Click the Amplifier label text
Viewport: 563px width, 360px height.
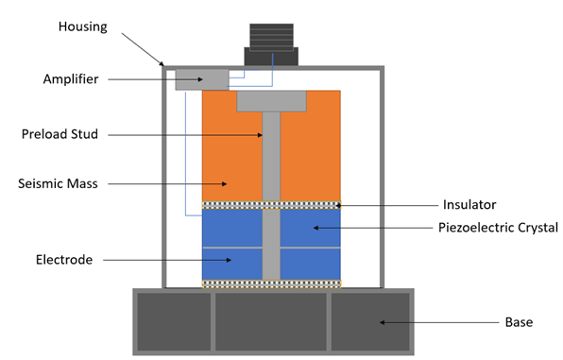click(x=70, y=79)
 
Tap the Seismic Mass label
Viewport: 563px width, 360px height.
click(x=60, y=183)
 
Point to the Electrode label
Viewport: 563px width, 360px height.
click(x=63, y=259)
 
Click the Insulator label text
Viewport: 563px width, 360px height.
click(x=469, y=204)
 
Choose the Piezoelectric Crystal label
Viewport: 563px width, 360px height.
click(x=499, y=227)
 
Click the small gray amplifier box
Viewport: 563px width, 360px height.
click(x=201, y=78)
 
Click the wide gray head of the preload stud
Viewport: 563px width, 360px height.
click(x=271, y=101)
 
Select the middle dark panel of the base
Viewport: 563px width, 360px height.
click(x=271, y=321)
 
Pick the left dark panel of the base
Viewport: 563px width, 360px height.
click(x=174, y=321)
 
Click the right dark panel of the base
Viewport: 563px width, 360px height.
click(x=369, y=321)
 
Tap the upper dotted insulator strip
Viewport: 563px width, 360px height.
click(x=271, y=204)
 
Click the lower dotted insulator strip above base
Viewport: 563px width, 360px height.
click(x=271, y=283)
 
